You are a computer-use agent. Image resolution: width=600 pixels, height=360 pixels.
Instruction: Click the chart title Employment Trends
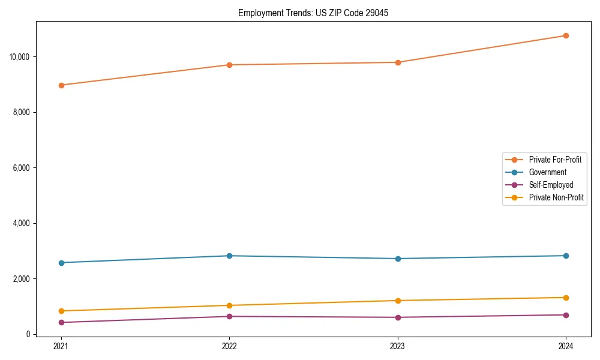point(313,13)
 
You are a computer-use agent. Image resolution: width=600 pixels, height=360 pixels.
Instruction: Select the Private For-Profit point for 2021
point(61,85)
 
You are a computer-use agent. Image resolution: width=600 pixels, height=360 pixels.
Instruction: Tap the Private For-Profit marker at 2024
point(566,35)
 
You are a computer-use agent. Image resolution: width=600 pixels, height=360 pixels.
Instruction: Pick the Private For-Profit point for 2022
point(229,65)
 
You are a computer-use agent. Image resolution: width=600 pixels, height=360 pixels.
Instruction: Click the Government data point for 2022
point(229,256)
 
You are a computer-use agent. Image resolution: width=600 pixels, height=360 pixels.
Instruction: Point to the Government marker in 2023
point(398,259)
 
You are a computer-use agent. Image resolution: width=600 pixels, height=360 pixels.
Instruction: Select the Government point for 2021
point(61,263)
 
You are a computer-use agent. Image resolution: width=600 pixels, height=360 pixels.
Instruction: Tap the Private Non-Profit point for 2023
point(398,301)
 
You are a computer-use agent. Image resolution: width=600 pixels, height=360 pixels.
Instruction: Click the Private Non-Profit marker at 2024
point(566,298)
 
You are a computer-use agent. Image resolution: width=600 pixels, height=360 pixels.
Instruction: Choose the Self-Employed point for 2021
point(61,322)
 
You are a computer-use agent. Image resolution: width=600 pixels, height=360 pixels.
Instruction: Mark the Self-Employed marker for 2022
point(229,316)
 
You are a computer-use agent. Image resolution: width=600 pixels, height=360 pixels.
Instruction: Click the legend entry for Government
point(547,172)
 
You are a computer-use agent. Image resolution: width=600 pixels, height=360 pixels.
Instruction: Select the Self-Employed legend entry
point(551,185)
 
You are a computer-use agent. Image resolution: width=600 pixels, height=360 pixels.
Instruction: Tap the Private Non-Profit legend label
point(556,197)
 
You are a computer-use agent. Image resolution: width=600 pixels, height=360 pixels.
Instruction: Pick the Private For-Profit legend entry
point(555,160)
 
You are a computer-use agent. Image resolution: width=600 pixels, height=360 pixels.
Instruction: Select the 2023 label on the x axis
point(398,346)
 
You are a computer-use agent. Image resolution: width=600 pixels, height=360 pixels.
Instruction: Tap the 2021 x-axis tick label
point(61,346)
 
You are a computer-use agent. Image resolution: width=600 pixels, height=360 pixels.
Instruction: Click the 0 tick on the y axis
point(28,334)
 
